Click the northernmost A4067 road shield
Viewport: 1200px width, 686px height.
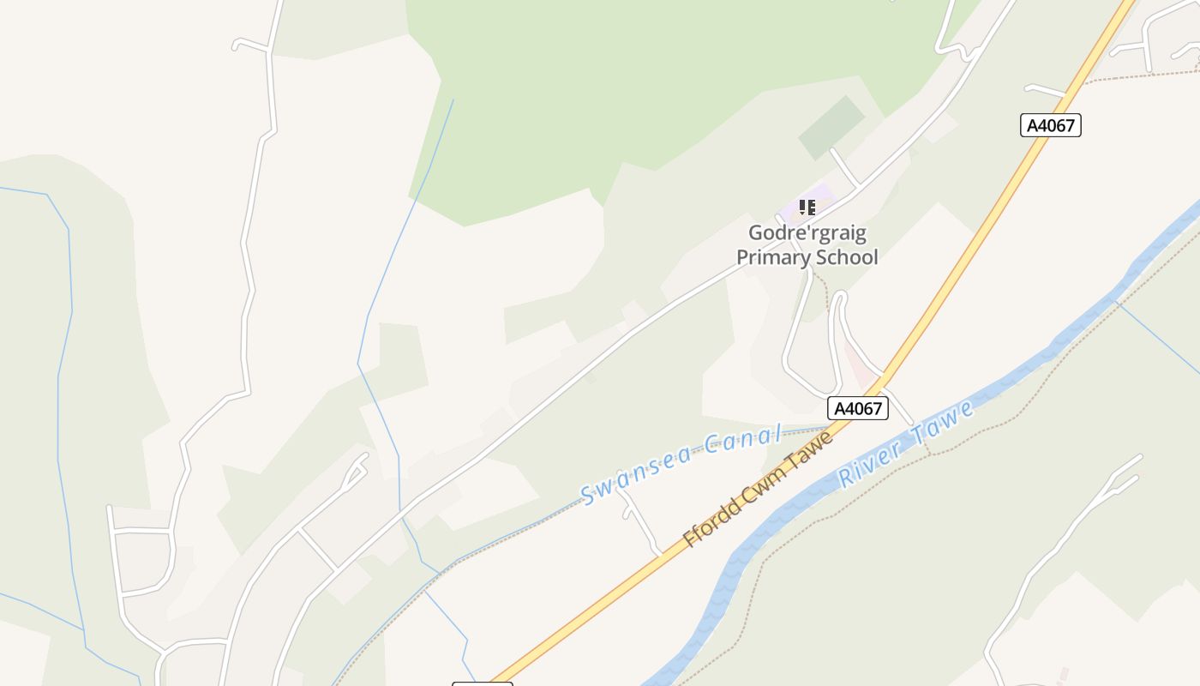coord(1051,125)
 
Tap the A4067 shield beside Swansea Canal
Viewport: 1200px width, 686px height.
coord(858,408)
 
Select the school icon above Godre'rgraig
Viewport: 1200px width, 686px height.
coord(807,208)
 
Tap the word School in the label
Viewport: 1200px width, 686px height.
coord(845,257)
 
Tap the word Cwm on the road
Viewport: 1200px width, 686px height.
coord(766,480)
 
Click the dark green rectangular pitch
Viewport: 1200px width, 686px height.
coord(831,127)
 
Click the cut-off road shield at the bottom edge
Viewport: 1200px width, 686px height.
coord(482,683)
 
